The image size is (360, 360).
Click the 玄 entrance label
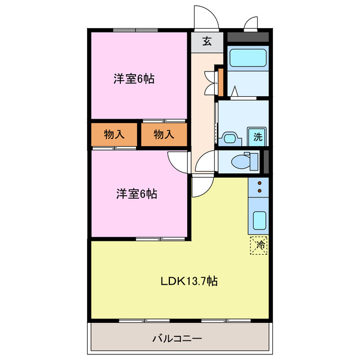207,41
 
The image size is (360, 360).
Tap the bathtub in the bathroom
248,57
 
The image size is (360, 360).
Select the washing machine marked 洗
256,137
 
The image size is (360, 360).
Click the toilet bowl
241,161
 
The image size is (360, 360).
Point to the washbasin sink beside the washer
229,139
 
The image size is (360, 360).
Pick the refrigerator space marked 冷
259,245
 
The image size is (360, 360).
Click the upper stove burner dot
260,183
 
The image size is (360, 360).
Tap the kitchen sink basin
259,220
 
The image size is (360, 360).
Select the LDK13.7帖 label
189,281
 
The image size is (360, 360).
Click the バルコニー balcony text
177,339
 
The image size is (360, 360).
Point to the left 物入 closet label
114,134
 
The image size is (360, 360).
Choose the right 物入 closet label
164,134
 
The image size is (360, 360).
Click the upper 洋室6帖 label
134,79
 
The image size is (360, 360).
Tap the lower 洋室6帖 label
137,193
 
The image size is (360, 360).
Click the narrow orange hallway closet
220,82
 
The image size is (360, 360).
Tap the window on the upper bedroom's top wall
136,30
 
